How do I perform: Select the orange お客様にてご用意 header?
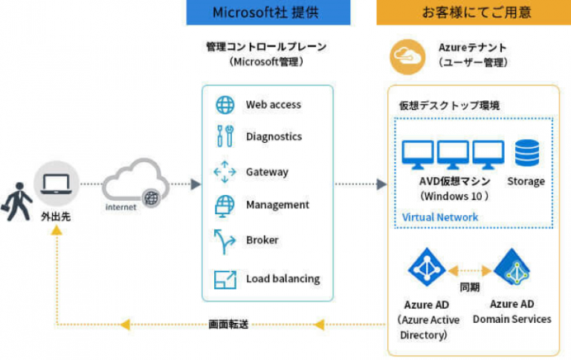pyautogui.click(x=466, y=13)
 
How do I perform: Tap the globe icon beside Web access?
pyautogui.click(x=225, y=105)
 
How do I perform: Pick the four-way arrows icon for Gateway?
pyautogui.click(x=225, y=172)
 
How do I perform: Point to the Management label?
pyautogui.click(x=277, y=205)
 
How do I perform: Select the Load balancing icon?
pyautogui.click(x=225, y=280)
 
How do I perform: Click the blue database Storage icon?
pyautogui.click(x=526, y=153)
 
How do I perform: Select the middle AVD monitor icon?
pyautogui.click(x=452, y=155)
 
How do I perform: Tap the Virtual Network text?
pyautogui.click(x=440, y=217)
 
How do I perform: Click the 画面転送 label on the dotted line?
pyautogui.click(x=228, y=324)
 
